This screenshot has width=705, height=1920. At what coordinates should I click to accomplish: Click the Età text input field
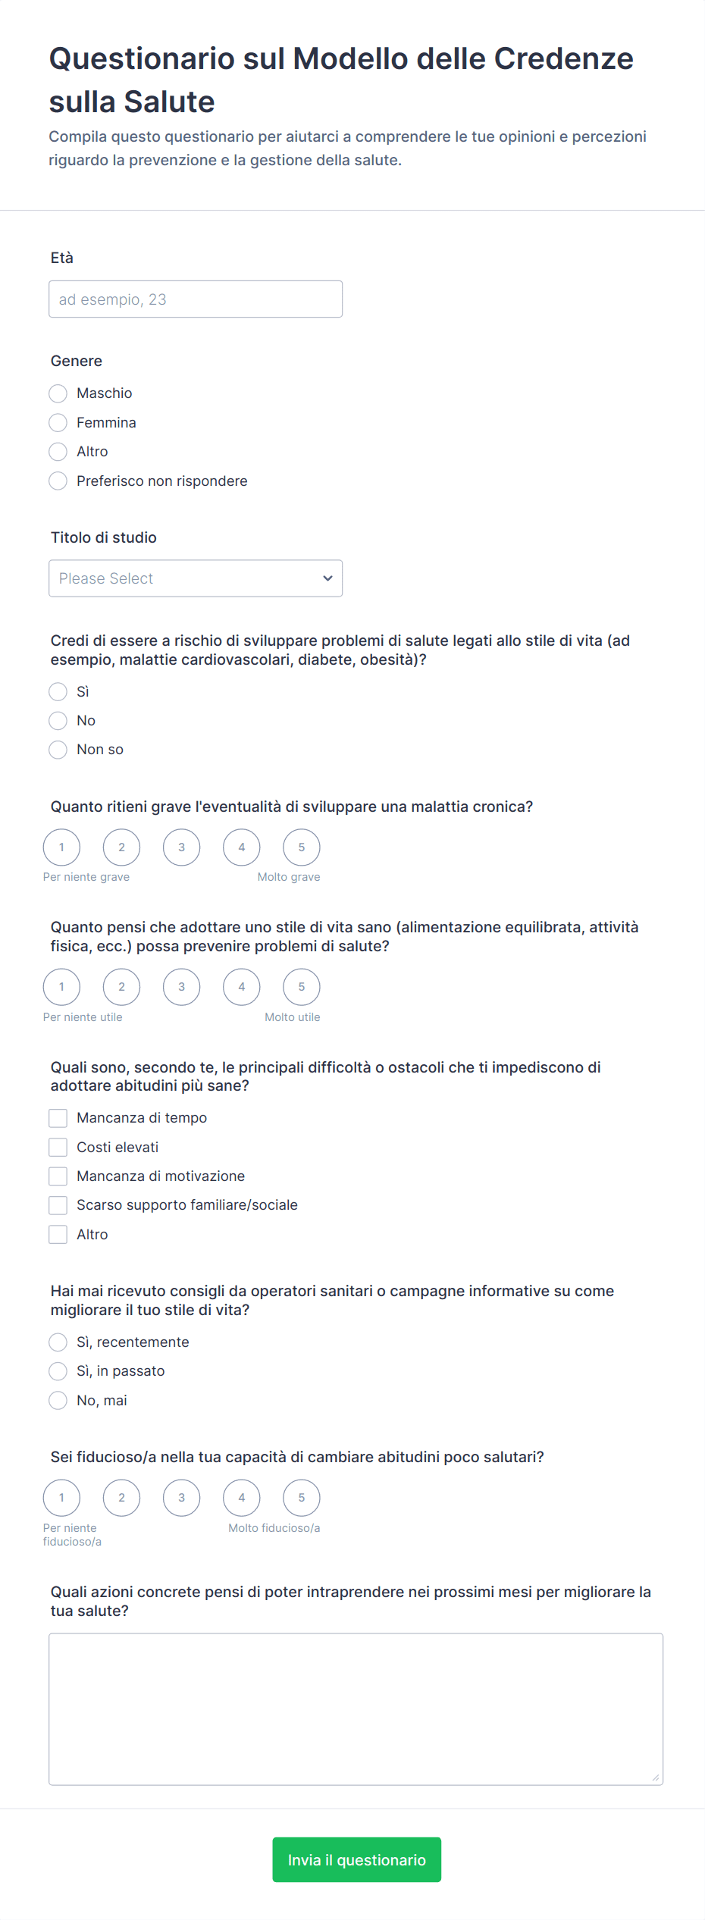click(195, 299)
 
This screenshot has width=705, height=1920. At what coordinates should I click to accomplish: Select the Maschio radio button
click(58, 393)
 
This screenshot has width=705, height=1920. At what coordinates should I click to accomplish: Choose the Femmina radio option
click(58, 422)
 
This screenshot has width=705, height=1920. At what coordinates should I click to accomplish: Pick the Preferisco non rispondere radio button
click(58, 481)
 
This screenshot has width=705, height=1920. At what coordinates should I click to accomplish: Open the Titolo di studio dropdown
click(195, 578)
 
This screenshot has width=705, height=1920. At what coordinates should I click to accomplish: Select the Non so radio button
click(58, 750)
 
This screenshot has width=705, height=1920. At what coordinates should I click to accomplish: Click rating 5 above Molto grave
click(301, 847)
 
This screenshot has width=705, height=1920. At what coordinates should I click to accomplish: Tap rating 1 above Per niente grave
click(61, 847)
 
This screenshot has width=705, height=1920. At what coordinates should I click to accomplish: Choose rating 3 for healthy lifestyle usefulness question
click(181, 987)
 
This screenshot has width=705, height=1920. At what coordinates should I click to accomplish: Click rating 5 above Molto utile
click(301, 987)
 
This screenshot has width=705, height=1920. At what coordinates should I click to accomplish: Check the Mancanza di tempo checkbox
click(58, 1118)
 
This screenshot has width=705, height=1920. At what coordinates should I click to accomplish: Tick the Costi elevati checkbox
click(58, 1147)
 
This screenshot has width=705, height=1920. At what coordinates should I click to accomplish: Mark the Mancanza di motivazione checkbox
click(58, 1176)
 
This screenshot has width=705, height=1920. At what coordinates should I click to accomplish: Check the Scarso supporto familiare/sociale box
click(58, 1205)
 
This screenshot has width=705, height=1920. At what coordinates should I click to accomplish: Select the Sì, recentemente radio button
click(58, 1342)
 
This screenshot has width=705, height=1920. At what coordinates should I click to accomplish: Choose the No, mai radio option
click(58, 1401)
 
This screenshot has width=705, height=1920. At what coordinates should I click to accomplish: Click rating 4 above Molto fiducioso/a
click(241, 1498)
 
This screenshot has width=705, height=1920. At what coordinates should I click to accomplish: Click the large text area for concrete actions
click(356, 1709)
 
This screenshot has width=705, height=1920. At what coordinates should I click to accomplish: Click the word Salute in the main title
click(169, 102)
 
